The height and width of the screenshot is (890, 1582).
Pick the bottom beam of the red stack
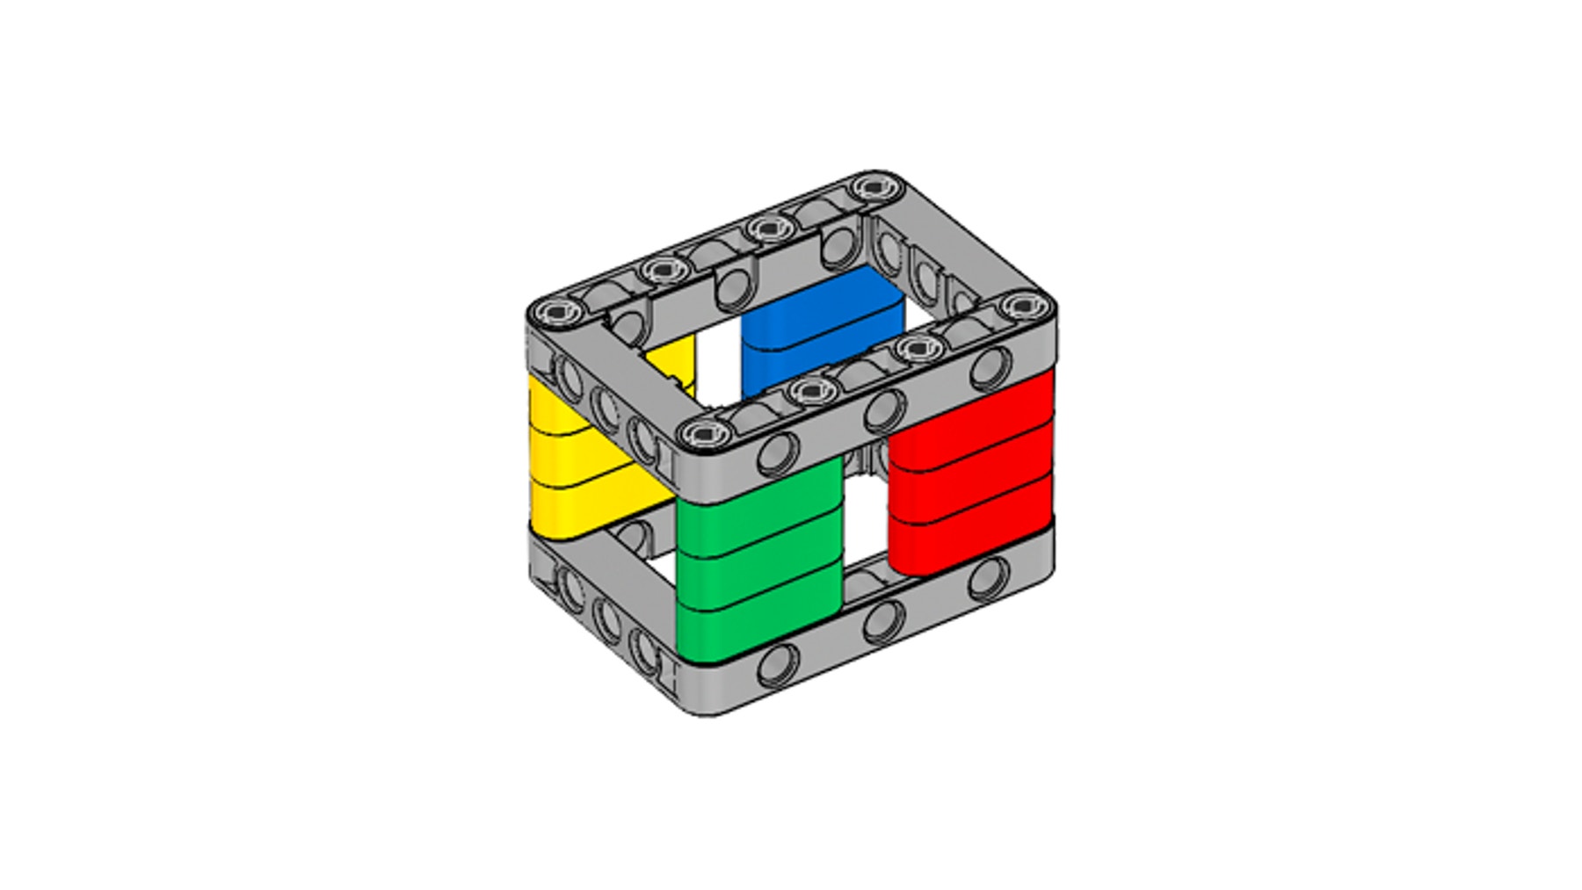tap(971, 532)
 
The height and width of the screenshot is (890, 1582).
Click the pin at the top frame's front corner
tap(706, 432)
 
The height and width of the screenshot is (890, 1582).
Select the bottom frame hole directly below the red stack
tap(989, 578)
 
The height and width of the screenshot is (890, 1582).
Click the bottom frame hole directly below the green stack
tap(778, 666)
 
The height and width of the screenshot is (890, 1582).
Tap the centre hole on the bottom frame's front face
tap(883, 621)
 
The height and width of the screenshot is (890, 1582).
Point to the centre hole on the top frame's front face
tap(883, 410)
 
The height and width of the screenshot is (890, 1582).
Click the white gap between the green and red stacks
tap(866, 518)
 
